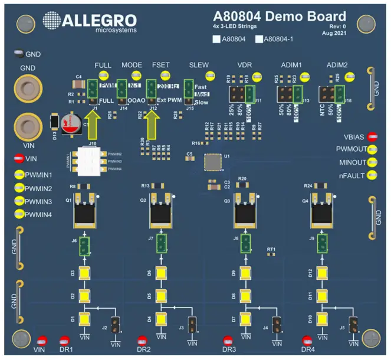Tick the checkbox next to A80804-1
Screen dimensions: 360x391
tap(260, 40)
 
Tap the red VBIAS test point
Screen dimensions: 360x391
tap(372, 137)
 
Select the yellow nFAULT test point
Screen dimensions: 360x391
tap(372, 175)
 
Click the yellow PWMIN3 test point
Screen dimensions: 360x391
tap(18, 201)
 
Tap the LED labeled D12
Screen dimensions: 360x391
tap(322, 273)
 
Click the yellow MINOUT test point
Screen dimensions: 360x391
tap(372, 162)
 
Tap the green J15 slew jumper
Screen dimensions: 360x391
tap(189, 91)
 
